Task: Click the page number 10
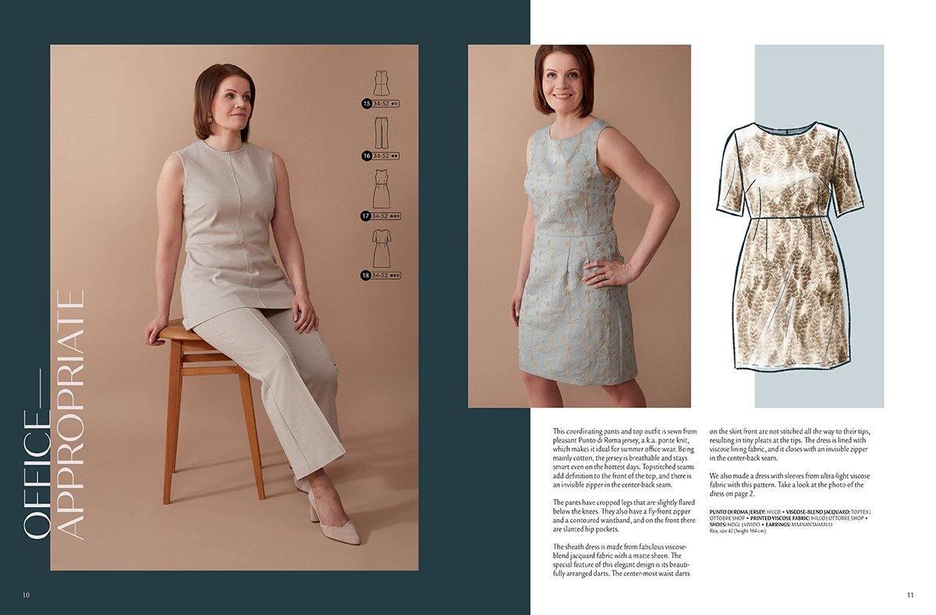tap(26, 596)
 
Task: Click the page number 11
tap(909, 596)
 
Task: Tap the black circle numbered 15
tap(366, 103)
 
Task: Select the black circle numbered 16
tap(366, 156)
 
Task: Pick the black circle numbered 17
tap(366, 216)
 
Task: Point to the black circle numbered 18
tap(366, 275)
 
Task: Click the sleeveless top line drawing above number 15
tap(381, 83)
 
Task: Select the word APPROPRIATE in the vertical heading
tap(69, 414)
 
